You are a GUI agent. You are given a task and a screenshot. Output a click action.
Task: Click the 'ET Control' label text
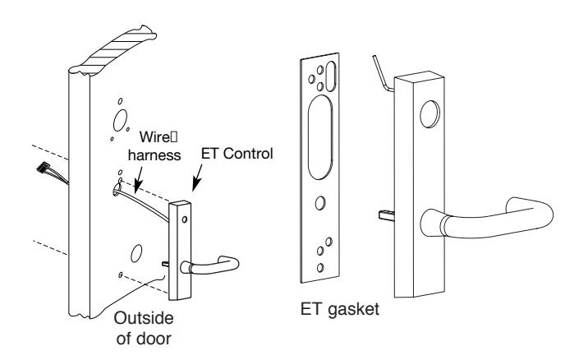(237, 154)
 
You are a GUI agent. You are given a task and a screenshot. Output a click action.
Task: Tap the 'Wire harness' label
(154, 146)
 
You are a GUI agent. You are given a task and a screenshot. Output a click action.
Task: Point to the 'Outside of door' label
(144, 328)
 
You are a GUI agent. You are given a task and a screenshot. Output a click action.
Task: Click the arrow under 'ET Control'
(198, 178)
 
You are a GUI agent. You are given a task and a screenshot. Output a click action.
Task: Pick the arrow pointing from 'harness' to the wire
(139, 180)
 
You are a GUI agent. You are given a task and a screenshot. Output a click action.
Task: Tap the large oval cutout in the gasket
(320, 137)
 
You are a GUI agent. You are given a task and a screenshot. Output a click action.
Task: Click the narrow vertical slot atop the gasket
(331, 76)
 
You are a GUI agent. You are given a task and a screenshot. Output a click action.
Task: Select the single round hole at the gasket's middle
(320, 203)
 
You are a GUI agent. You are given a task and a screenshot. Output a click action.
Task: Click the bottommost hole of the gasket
(320, 268)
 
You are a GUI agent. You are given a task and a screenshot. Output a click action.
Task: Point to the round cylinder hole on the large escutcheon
(430, 114)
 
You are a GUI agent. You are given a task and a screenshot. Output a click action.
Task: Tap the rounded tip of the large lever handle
(543, 213)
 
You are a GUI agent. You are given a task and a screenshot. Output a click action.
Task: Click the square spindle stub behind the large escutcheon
(387, 215)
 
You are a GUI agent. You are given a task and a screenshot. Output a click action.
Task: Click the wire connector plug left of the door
(44, 168)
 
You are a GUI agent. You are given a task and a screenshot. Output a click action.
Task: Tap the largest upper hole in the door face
(121, 120)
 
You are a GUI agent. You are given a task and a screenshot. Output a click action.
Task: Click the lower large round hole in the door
(136, 253)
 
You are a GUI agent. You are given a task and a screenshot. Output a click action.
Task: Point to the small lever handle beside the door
(210, 265)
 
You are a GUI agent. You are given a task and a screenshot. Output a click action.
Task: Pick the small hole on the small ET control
(185, 219)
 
